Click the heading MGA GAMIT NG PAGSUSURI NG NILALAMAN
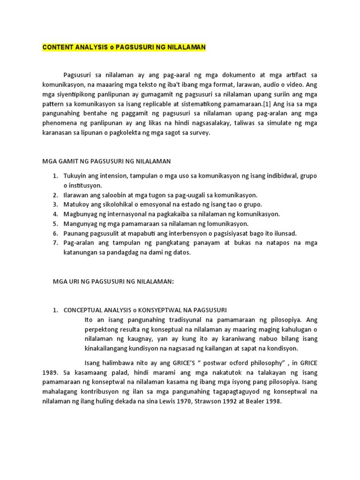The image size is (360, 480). click(x=107, y=161)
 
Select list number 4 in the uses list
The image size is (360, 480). click(x=54, y=214)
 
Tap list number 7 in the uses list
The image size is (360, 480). click(x=54, y=243)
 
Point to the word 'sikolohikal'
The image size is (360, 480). click(x=109, y=205)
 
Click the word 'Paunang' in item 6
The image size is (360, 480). click(x=76, y=233)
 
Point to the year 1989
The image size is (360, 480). click(x=52, y=373)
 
